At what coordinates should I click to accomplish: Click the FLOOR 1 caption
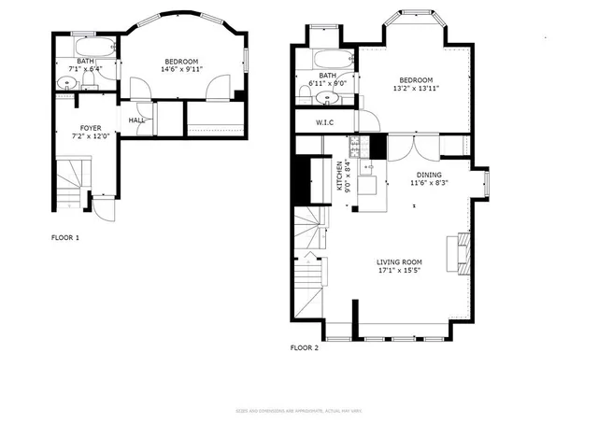pyautogui.click(x=64, y=238)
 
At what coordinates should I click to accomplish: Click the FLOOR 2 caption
pyautogui.click(x=305, y=347)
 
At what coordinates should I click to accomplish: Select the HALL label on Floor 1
pyautogui.click(x=136, y=120)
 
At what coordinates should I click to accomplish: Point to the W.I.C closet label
pyautogui.click(x=325, y=122)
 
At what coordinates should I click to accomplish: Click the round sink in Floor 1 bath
pyautogui.click(x=65, y=83)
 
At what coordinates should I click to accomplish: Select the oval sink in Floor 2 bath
pyautogui.click(x=327, y=97)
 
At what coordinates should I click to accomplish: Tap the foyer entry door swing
pyautogui.click(x=104, y=207)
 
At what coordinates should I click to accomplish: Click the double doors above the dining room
pyautogui.click(x=412, y=148)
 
